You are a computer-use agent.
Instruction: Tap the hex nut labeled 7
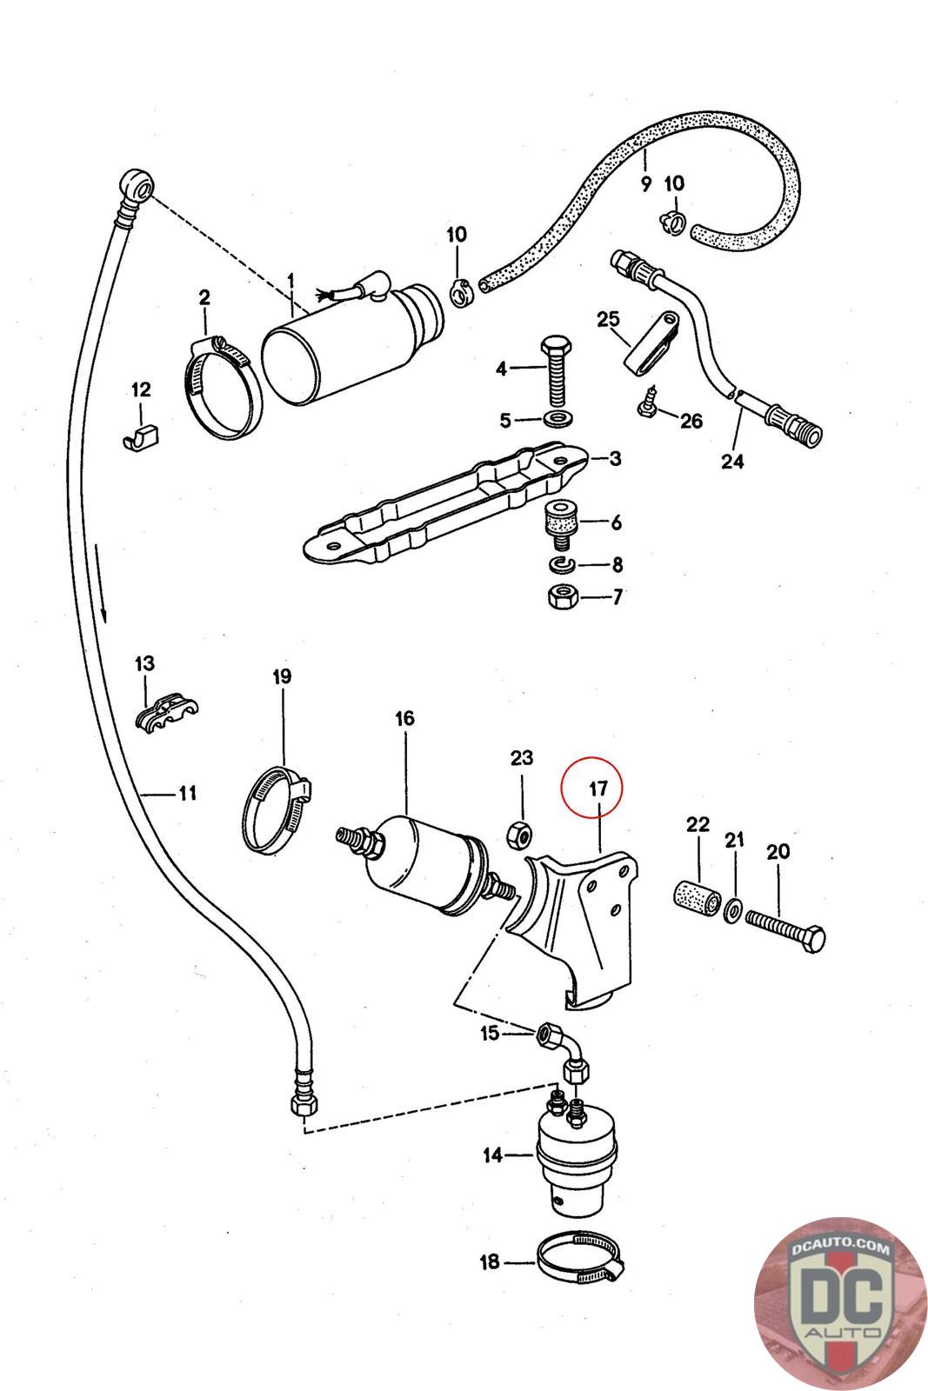[x=558, y=597]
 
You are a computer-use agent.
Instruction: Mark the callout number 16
[x=404, y=719]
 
